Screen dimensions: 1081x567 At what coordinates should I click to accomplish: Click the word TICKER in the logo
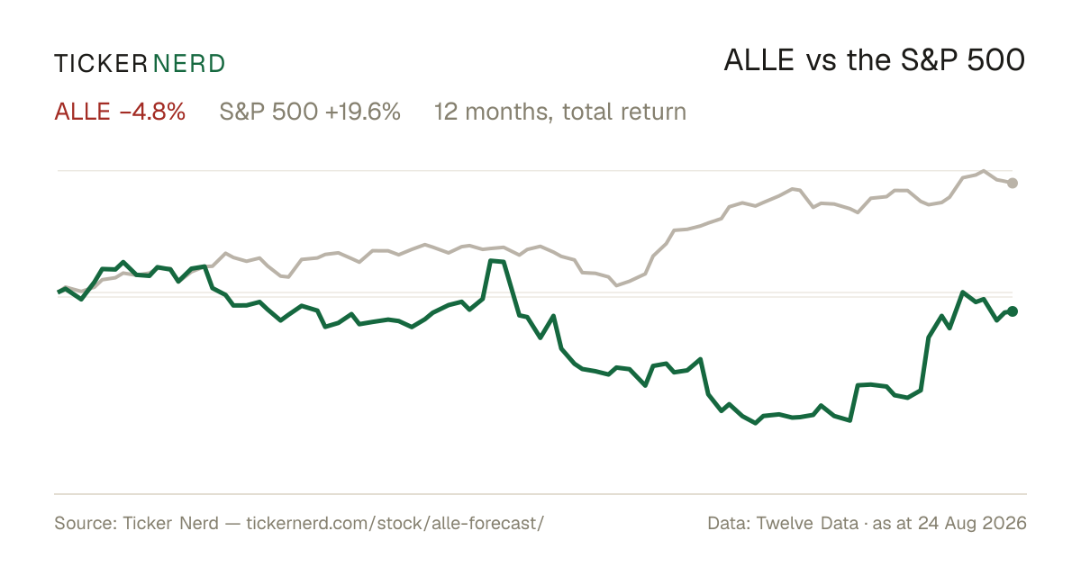101,64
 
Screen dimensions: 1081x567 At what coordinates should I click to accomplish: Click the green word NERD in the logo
189,64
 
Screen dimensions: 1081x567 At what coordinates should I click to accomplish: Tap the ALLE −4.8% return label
120,112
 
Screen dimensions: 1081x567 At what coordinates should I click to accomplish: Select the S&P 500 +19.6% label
310,112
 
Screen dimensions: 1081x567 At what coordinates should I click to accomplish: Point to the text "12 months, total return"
559,112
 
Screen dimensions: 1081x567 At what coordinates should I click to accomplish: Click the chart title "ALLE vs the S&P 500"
875,60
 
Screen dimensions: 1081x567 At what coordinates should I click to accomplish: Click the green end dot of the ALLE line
1013,311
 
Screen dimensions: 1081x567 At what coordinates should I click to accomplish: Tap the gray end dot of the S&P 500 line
1013,184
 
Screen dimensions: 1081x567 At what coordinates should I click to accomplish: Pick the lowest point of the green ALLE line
756,423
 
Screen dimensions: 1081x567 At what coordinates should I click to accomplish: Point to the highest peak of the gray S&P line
984,171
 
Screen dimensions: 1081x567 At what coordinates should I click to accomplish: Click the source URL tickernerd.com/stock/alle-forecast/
395,523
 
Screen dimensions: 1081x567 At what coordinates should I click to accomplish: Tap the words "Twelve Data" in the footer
807,523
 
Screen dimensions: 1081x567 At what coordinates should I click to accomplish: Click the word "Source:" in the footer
86,523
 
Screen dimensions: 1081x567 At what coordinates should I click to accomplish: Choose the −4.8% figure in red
152,112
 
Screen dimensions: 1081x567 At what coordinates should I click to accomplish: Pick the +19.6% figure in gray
363,112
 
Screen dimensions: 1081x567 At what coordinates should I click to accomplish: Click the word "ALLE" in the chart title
759,61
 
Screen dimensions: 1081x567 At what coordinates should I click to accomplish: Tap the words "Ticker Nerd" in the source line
171,523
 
